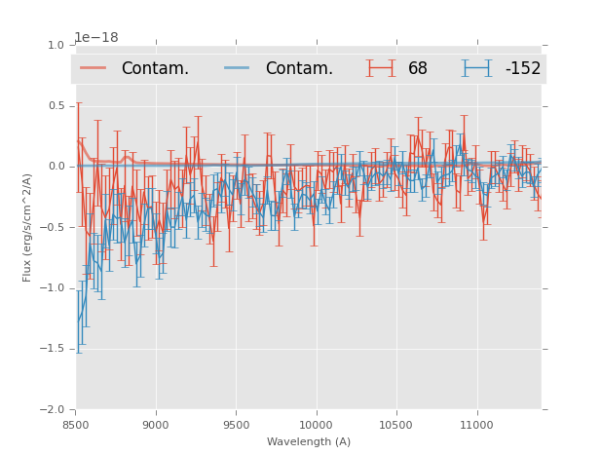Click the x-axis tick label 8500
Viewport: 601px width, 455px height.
click(76, 425)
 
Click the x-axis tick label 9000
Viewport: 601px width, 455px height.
click(156, 425)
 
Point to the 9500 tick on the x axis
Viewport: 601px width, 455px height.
click(236, 425)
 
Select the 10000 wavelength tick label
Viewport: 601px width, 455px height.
click(316, 425)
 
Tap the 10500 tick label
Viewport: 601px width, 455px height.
click(395, 425)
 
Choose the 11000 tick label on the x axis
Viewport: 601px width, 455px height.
click(476, 425)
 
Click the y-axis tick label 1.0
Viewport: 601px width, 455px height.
click(55, 45)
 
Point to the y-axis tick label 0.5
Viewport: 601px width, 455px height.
click(55, 105)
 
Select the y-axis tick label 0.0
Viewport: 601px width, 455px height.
click(55, 167)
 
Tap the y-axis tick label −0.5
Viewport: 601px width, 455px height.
click(52, 227)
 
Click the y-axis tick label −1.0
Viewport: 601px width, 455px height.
click(52, 288)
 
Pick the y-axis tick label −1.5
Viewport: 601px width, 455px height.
click(52, 349)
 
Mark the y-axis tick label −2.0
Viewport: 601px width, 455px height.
click(52, 410)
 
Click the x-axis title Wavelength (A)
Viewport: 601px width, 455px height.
click(309, 441)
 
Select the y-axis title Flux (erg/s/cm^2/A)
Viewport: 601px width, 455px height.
click(27, 227)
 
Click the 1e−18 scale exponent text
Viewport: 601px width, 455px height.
click(96, 38)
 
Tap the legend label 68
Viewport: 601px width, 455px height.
click(418, 68)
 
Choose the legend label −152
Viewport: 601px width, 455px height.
click(522, 68)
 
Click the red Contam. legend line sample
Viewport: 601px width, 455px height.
click(94, 68)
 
